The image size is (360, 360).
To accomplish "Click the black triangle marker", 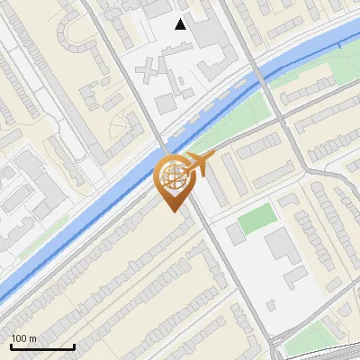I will (x=181, y=24).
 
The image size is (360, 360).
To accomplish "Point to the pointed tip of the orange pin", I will (x=171, y=211).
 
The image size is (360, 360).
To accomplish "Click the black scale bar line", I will (x=41, y=346).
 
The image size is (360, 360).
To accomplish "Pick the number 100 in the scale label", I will (x=20, y=338).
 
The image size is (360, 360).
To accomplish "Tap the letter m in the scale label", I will (x=32, y=338).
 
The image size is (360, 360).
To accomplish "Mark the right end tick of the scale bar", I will (x=74, y=345).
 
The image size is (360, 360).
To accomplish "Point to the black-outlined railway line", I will (x=315, y=349).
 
